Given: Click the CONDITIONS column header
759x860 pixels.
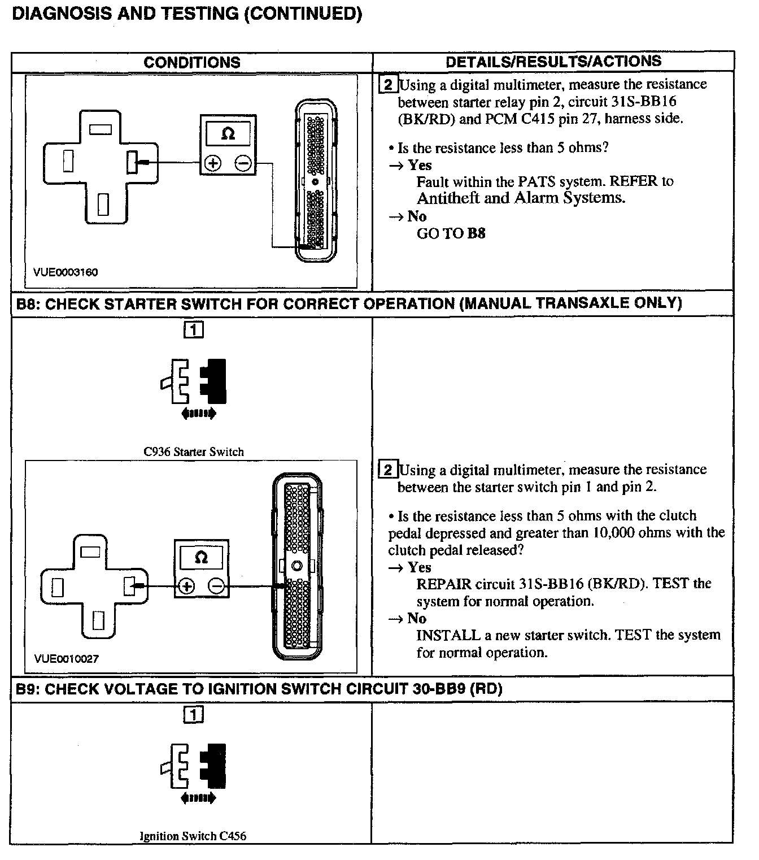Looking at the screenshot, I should coord(192,62).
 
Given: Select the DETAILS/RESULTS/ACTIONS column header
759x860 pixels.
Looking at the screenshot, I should coord(553,62).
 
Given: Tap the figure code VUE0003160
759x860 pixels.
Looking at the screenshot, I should coord(66,272).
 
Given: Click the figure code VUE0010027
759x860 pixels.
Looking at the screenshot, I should coord(67,659).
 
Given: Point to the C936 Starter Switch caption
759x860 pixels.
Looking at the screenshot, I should coord(194,452).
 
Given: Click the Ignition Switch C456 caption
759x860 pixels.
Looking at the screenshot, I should coord(193,836).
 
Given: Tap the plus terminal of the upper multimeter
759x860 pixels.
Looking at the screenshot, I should coord(213,163).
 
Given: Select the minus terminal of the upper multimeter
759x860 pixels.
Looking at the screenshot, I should coord(243,163).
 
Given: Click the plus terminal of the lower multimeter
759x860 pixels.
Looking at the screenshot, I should coord(186,587).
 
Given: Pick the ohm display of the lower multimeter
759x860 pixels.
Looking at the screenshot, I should coord(201,558).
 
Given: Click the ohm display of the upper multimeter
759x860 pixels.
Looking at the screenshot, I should coord(228,134).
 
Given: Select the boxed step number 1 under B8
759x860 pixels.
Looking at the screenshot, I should coord(193,329).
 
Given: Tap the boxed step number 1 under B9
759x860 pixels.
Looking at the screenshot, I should coord(193,715).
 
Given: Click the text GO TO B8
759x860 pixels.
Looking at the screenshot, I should coord(451,233).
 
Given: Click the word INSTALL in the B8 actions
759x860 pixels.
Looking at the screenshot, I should coord(448,635).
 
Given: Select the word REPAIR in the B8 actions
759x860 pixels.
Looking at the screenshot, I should coord(444,584).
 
